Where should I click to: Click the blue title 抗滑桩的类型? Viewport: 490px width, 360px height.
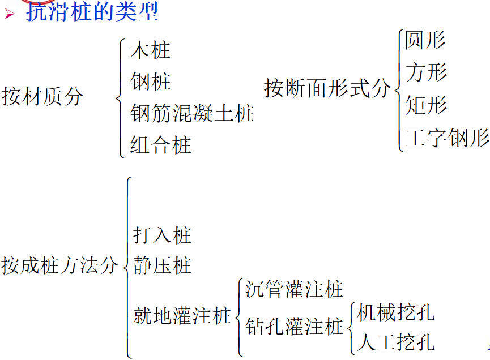click(x=92, y=11)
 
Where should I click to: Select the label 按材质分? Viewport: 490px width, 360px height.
click(x=42, y=96)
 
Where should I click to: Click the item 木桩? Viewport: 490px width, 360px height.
click(x=150, y=51)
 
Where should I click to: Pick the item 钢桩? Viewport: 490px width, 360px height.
click(x=150, y=82)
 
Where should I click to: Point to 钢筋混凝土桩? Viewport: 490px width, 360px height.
click(x=192, y=113)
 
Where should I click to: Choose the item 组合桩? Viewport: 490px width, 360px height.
click(x=161, y=145)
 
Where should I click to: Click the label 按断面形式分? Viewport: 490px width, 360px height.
click(x=327, y=88)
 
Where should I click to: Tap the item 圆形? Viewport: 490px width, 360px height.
click(x=425, y=40)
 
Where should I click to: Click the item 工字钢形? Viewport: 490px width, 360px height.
click(x=447, y=138)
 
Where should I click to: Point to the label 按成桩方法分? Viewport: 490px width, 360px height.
click(x=59, y=265)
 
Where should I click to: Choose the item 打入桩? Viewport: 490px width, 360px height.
click(x=163, y=235)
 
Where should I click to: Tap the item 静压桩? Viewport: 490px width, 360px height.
click(x=163, y=265)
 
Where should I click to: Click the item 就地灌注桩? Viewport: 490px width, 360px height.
click(x=182, y=315)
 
